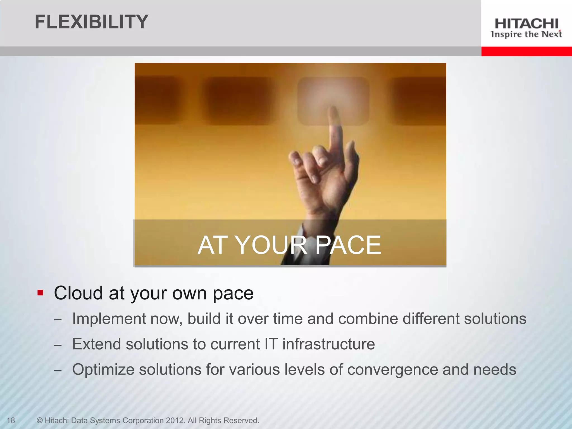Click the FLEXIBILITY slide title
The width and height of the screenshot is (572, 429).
[91, 22]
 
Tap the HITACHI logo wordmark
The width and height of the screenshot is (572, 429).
[526, 24]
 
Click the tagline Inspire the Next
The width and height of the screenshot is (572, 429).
[526, 34]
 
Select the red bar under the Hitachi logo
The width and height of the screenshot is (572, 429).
[526, 51]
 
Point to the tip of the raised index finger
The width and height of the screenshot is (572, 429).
[332, 109]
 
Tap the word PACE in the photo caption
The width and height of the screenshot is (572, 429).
[349, 245]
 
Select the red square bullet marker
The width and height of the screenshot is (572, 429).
[40, 293]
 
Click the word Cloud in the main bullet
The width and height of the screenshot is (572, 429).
[78, 293]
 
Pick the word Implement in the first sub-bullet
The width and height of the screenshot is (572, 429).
[109, 319]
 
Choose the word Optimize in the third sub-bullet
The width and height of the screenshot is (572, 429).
[103, 370]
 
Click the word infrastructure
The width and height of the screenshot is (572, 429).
[328, 344]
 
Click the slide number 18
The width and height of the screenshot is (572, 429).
[11, 420]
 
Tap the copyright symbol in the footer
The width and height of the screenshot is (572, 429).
[40, 420]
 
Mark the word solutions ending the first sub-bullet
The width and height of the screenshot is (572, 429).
[495, 319]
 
